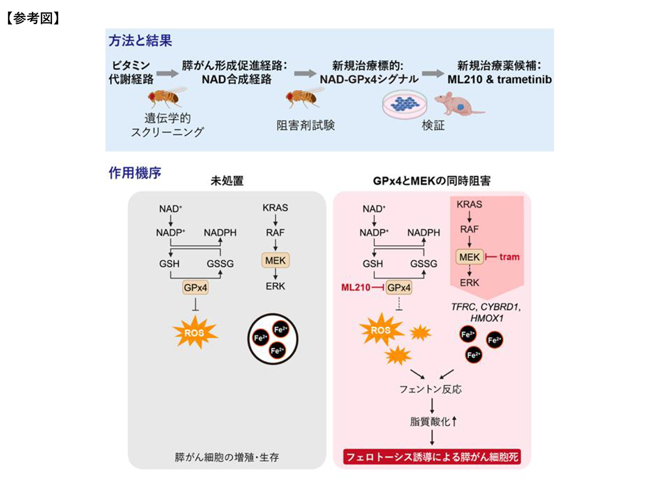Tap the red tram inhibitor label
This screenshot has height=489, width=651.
pos(509,256)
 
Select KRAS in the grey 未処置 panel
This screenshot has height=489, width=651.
pos(275,208)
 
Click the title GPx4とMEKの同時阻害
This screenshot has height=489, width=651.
pos(431,181)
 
